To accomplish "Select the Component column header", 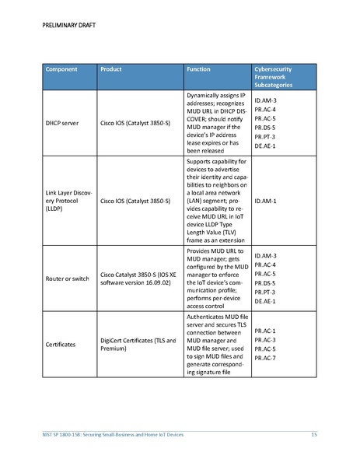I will (x=61, y=68).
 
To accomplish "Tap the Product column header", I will (x=113, y=68).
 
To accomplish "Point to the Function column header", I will (x=199, y=68).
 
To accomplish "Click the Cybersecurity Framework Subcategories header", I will (x=274, y=76).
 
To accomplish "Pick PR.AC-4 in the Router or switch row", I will (x=265, y=265).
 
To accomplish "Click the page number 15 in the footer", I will (x=314, y=433).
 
